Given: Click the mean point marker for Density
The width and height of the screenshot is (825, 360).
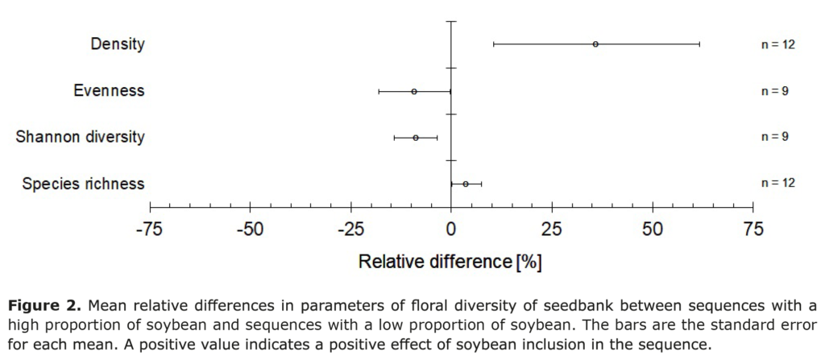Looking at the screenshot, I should click(x=595, y=44).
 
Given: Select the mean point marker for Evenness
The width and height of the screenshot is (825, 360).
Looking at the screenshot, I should click(x=414, y=91).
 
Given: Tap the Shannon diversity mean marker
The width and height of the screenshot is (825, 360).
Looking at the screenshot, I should click(x=416, y=138).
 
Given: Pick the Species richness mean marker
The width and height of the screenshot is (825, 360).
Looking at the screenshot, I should click(x=466, y=184).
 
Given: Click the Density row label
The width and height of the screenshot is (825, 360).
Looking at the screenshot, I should click(x=118, y=44).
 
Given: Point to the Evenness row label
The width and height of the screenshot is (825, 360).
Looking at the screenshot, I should click(x=109, y=90).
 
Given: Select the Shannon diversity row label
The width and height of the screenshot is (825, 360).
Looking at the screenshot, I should click(x=81, y=137).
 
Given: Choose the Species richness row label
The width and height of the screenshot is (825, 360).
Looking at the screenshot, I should click(x=84, y=184).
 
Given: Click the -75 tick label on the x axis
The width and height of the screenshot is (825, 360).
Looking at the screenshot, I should click(x=149, y=230).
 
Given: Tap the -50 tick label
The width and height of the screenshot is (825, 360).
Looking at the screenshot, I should click(x=250, y=230).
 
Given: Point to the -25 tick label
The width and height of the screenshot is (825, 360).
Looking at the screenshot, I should click(x=350, y=230).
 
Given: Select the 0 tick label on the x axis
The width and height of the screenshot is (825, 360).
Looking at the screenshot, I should click(x=451, y=230).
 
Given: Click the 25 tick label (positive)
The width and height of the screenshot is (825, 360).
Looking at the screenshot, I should click(x=552, y=230).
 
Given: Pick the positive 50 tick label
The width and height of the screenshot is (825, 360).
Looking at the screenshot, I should click(x=653, y=230).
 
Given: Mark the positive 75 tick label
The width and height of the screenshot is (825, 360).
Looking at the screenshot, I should click(x=752, y=230).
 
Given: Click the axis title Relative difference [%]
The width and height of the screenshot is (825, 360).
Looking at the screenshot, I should click(x=450, y=262).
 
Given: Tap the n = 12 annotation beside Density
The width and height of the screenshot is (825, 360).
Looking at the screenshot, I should click(x=778, y=44).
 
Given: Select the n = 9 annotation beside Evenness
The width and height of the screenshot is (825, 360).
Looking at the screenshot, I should click(x=775, y=91).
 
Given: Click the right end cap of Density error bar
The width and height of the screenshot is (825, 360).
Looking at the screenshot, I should click(x=699, y=44).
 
